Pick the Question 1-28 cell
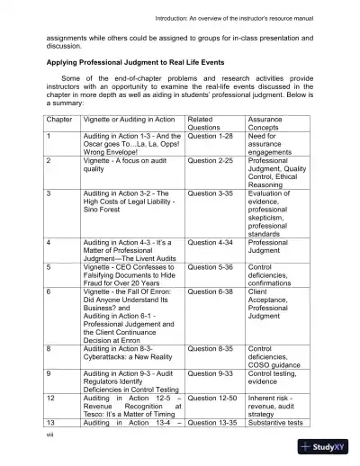tap(213, 135)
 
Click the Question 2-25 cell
tap(213, 160)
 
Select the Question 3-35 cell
tap(213, 193)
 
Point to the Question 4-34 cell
tap(213, 242)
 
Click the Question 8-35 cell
tap(213, 348)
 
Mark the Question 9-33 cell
tap(213, 372)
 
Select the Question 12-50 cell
tap(216, 397)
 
